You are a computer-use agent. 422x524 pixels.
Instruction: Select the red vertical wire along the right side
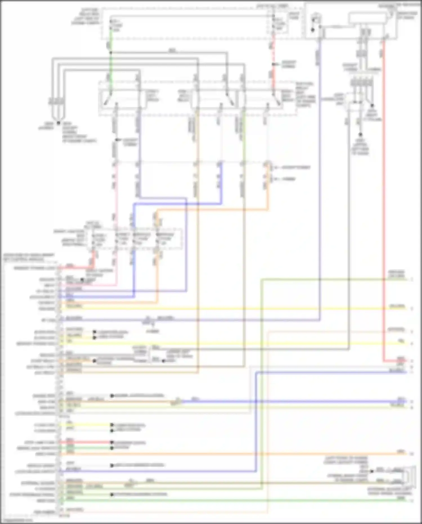(383, 197)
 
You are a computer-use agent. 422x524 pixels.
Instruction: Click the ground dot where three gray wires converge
(58, 123)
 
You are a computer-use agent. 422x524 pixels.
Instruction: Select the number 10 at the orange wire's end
(412, 454)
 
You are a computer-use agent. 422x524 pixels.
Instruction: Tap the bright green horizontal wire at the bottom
(225, 500)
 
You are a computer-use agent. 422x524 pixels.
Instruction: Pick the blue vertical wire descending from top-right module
(320, 169)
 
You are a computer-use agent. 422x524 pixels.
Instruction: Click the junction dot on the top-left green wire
(111, 53)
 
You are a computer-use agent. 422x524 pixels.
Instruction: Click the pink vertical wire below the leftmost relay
(115, 197)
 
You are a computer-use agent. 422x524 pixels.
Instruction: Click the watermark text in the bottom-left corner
(17, 521)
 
